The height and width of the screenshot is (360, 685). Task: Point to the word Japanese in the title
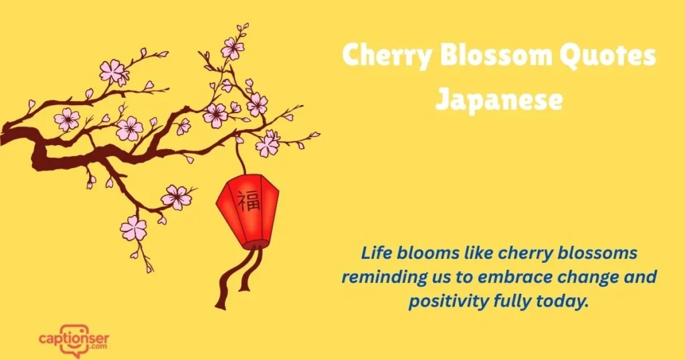498,99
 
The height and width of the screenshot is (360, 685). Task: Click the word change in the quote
604,277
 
